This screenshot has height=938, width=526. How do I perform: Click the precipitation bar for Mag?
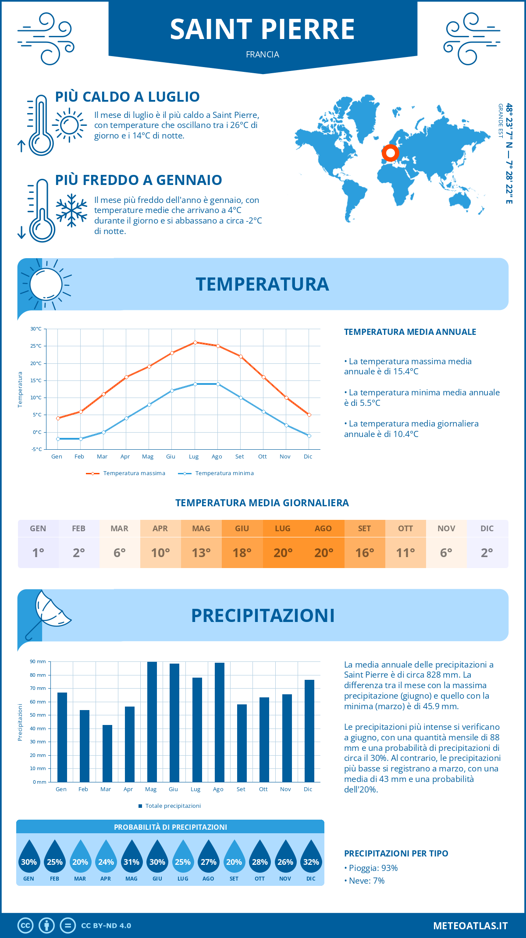[152, 722]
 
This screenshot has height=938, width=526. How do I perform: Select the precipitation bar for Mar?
[107, 753]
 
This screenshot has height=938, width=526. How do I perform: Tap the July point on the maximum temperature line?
[195, 342]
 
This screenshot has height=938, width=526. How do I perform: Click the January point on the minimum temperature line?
[58, 439]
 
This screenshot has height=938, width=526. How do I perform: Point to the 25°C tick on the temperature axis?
[36, 346]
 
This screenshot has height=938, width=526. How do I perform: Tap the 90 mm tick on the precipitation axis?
[38, 661]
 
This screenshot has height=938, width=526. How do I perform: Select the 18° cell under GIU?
[242, 553]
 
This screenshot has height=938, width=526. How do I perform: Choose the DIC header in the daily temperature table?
[487, 529]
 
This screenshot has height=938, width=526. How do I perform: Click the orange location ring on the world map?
[390, 153]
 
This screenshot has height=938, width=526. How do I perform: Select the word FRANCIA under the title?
[263, 54]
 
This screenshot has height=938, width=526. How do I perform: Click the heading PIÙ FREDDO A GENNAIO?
[139, 180]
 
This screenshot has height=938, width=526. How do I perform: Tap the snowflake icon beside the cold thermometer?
[71, 210]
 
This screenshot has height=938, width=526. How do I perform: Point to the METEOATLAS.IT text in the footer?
[470, 926]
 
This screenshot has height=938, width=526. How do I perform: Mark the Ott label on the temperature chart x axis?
[262, 457]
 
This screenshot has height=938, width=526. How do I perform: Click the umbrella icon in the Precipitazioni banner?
[49, 612]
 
